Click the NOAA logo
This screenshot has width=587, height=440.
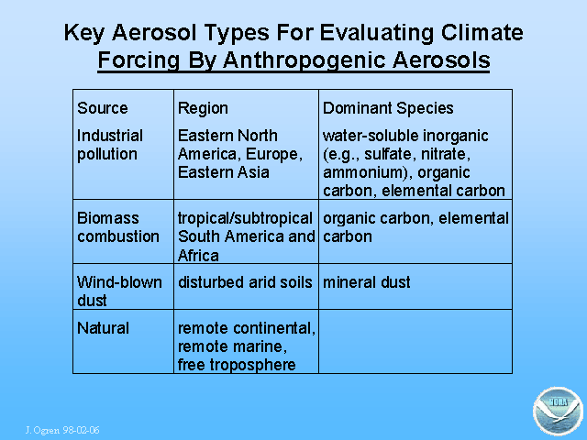558,412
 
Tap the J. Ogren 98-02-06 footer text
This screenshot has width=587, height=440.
62,430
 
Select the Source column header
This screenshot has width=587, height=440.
103,108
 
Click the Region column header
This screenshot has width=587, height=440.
203,108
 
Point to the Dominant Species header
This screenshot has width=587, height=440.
388,108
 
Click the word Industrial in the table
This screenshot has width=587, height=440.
110,136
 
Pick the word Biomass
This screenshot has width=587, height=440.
108,218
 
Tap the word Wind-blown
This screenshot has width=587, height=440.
120,282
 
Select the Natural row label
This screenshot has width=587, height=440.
104,328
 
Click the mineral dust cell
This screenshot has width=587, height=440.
367,282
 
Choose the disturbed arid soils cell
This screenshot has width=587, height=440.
245,282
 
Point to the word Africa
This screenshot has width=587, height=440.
198,256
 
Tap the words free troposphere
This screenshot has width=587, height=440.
237,365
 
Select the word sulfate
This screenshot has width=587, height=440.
387,154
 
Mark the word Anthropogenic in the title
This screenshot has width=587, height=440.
305,60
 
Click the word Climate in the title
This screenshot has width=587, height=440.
482,33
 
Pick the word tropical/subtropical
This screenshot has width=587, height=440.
245,218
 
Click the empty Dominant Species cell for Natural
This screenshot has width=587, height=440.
415,342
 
